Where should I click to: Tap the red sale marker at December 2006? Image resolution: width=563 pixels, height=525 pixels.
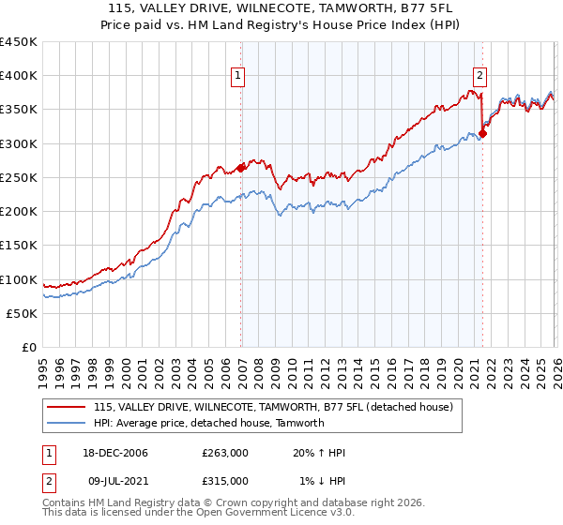click(x=241, y=168)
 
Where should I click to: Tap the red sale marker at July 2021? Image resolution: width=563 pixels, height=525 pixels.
click(x=482, y=133)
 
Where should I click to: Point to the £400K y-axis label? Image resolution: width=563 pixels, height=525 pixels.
click(x=19, y=76)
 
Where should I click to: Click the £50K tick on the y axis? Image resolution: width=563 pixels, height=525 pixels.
click(x=23, y=314)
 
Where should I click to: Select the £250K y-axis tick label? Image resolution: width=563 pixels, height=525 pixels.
click(x=19, y=178)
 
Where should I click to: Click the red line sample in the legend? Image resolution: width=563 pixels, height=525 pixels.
click(x=67, y=407)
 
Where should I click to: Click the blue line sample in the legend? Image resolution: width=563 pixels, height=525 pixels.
click(x=67, y=423)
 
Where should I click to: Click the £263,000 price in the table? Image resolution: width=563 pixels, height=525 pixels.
click(x=225, y=453)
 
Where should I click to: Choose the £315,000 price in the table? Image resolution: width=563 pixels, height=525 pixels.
click(x=225, y=480)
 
